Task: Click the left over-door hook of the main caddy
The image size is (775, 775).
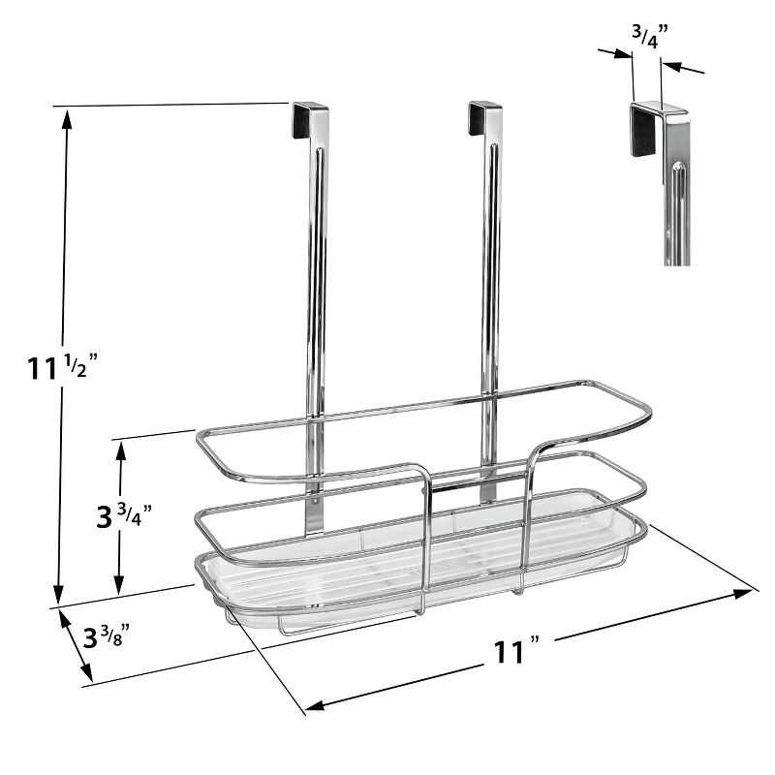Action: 310,118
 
